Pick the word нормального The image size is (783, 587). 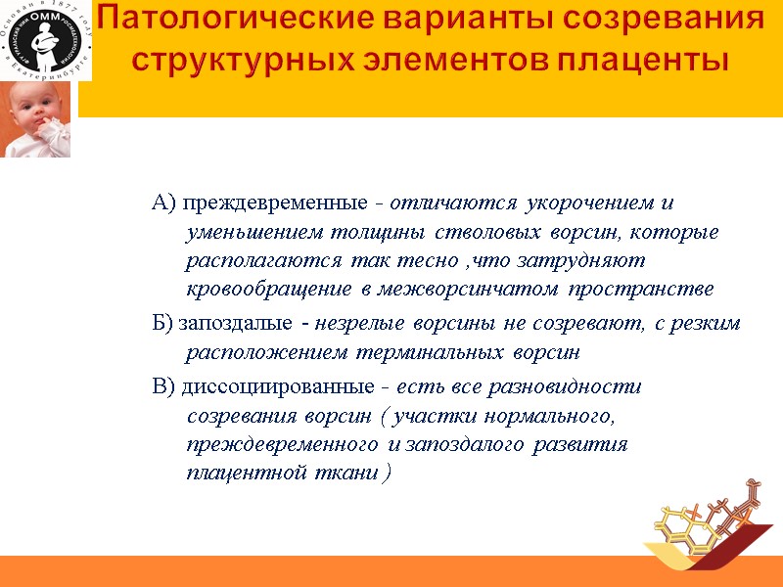point(549,416)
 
